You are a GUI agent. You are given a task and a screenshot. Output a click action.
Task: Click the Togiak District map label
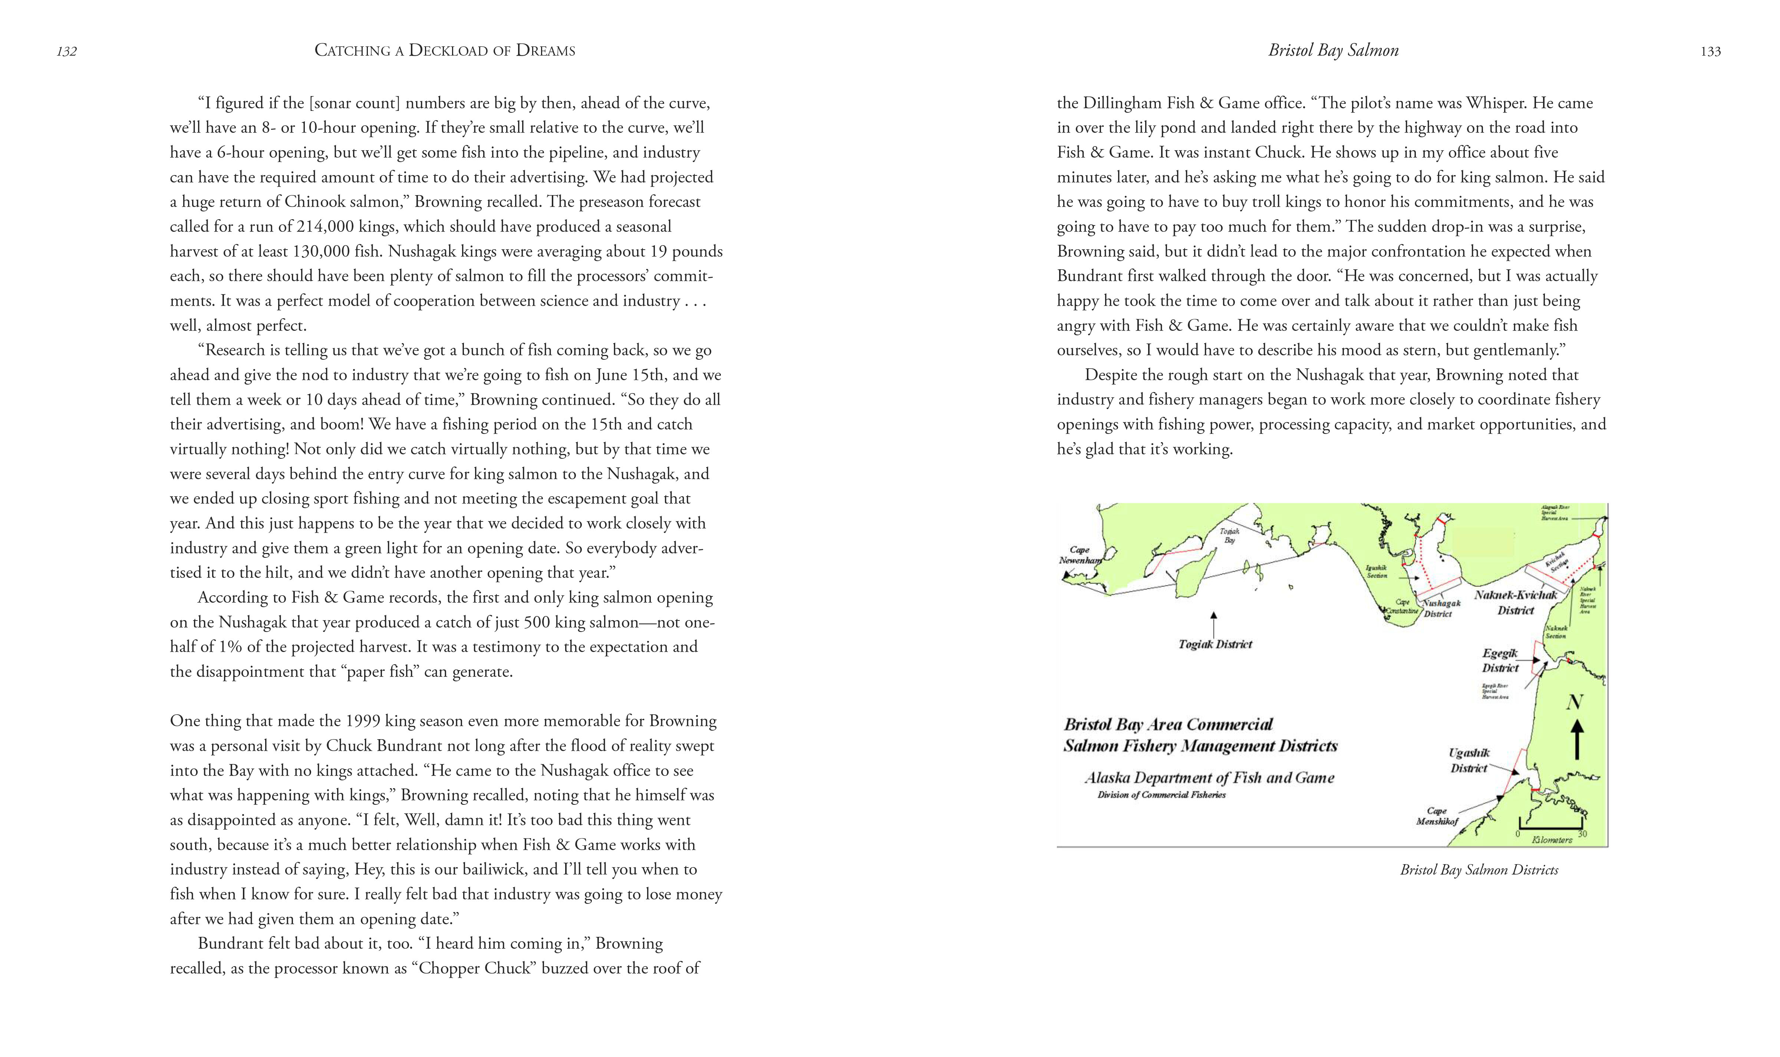click(x=1215, y=644)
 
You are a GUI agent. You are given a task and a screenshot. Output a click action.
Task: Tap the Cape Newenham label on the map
click(x=1079, y=555)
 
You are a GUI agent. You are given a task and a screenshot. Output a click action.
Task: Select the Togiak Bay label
click(x=1230, y=535)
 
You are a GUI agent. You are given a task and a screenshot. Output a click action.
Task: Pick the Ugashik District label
click(x=1469, y=760)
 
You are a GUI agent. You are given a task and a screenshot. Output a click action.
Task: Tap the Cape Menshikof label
click(x=1437, y=816)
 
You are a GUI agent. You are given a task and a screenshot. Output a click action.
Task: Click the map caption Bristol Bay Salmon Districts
click(x=1479, y=870)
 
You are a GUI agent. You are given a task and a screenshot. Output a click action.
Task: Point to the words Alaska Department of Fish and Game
click(x=1209, y=778)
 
